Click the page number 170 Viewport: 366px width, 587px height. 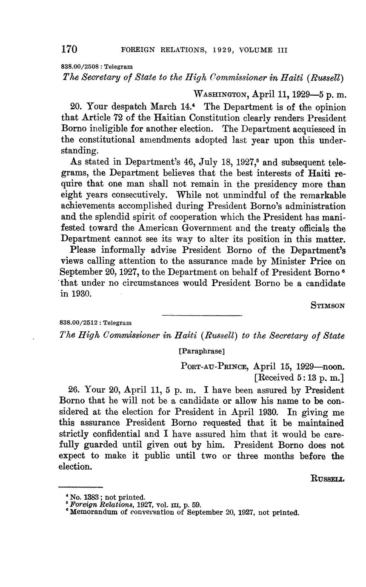click(x=69, y=49)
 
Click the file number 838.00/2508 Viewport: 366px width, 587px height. click(x=81, y=67)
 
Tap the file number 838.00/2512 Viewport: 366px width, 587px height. click(x=81, y=323)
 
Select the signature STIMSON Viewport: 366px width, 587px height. click(x=328, y=305)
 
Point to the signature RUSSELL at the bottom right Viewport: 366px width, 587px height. click(x=328, y=478)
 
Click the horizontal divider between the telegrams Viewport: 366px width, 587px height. click(x=202, y=315)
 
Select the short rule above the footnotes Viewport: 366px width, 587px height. click(x=80, y=487)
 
